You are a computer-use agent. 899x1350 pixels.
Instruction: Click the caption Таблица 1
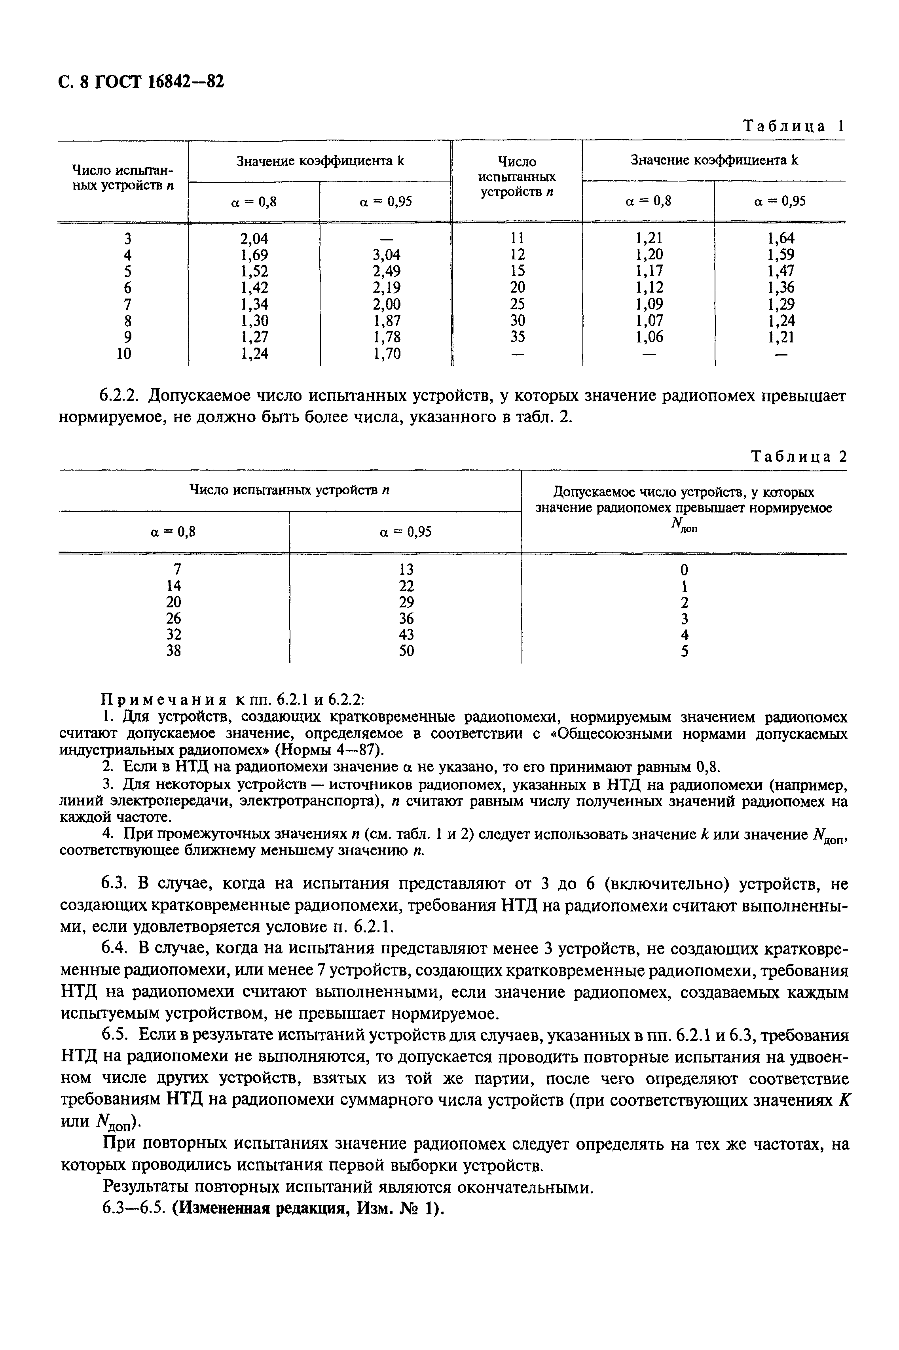(x=793, y=126)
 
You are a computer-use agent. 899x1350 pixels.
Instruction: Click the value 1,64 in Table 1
(x=781, y=238)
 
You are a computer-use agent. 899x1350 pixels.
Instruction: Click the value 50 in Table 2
(x=406, y=652)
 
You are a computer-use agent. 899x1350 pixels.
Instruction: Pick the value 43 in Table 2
(x=406, y=635)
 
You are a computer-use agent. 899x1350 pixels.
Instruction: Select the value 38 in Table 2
(x=173, y=652)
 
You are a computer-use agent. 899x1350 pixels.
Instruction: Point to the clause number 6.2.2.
(x=121, y=396)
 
